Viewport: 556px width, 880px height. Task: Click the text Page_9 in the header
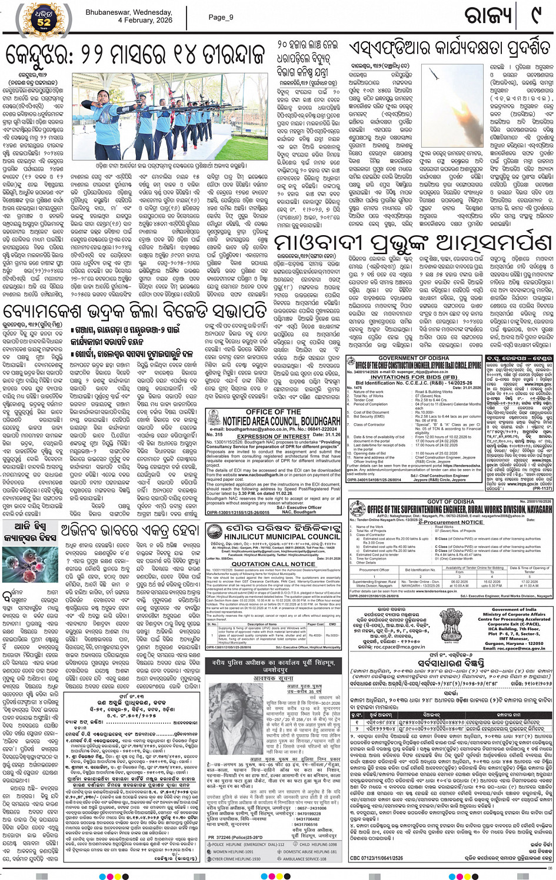pyautogui.click(x=221, y=17)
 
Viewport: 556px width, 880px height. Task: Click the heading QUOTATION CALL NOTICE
pyautogui.click(x=273, y=564)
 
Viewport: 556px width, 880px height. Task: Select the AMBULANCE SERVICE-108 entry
pyautogui.click(x=310, y=859)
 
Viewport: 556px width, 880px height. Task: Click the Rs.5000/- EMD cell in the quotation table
pyautogui.click(x=332, y=635)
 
